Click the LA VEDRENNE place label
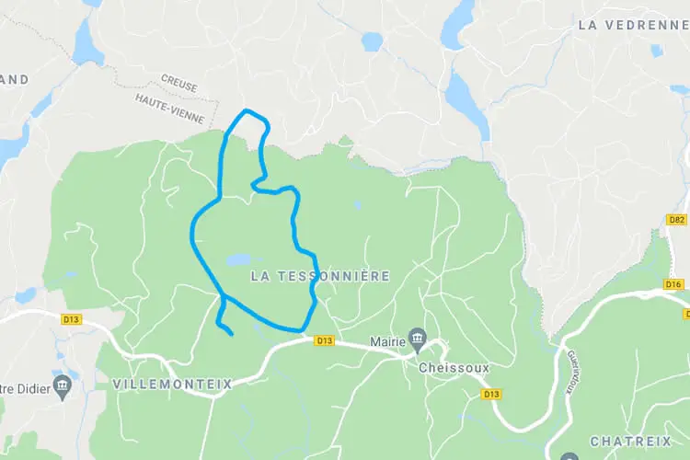(x=634, y=25)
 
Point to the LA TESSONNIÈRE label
(x=320, y=276)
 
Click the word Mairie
(x=387, y=341)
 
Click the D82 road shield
(x=677, y=220)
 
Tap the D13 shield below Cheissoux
(x=491, y=394)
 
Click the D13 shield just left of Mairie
(x=324, y=340)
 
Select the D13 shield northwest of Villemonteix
(x=71, y=319)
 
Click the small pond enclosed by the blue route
(x=237, y=259)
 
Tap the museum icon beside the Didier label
(x=63, y=384)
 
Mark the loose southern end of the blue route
(x=230, y=332)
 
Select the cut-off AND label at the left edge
(x=14, y=79)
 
